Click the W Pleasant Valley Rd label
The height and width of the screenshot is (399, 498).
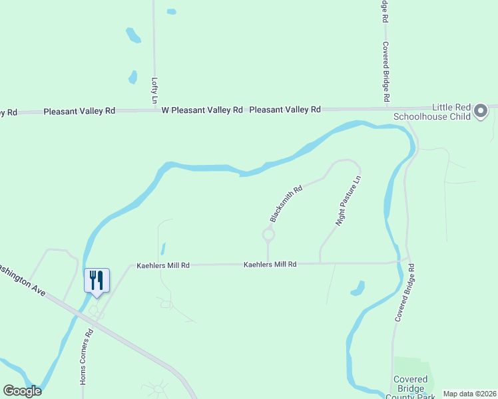pyautogui.click(x=202, y=110)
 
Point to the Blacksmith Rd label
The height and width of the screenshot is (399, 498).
pyautogui.click(x=286, y=203)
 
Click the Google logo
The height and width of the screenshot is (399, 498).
pyautogui.click(x=22, y=391)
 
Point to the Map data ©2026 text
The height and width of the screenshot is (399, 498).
pyautogui.click(x=469, y=393)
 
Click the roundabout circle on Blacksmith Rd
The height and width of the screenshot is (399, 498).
pyautogui.click(x=268, y=234)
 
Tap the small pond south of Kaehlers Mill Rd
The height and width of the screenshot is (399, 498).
pyautogui.click(x=358, y=289)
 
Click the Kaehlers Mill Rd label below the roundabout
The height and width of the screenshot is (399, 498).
pyautogui.click(x=270, y=264)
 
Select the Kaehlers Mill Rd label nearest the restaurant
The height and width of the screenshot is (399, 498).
pyautogui.click(x=163, y=265)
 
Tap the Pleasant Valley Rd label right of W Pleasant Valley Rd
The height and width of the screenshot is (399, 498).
pyautogui.click(x=285, y=109)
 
